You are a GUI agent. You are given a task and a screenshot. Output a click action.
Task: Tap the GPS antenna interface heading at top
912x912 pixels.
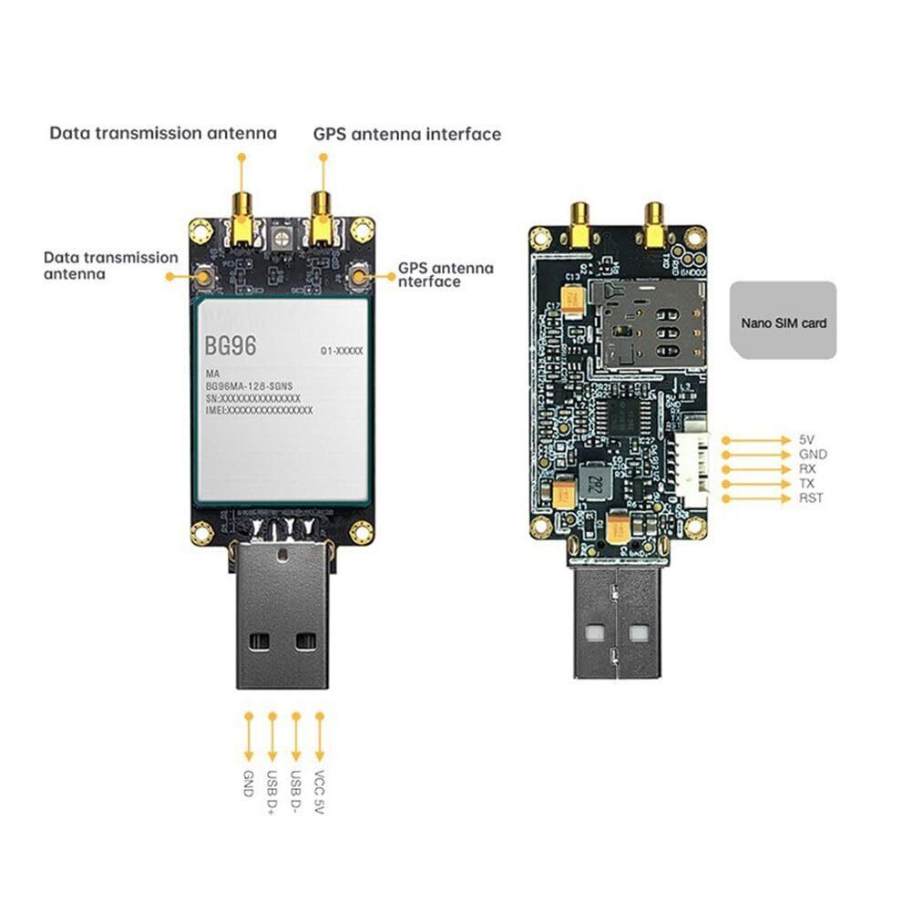(407, 134)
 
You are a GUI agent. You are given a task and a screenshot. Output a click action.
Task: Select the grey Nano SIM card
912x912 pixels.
(784, 320)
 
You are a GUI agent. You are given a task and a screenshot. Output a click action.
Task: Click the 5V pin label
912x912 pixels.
(806, 439)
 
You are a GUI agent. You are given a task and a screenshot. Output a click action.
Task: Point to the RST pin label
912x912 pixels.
(811, 497)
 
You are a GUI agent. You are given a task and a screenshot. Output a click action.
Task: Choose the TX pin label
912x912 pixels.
(807, 483)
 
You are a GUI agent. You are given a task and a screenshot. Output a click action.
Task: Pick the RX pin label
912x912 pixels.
(807, 468)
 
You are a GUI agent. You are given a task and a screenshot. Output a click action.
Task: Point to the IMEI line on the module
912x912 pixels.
(259, 411)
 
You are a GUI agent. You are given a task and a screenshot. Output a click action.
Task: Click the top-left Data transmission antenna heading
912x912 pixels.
(162, 133)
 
